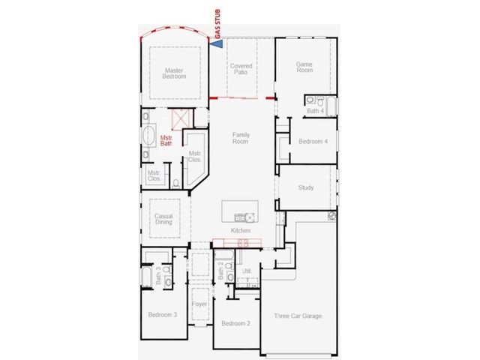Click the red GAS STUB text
tap(217, 24)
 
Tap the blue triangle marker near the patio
tap(217, 43)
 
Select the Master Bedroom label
tap(174, 73)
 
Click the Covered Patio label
tap(241, 69)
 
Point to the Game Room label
tap(304, 67)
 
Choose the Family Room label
tap(241, 138)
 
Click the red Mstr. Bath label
tap(166, 140)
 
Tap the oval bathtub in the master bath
tap(148, 135)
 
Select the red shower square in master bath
tap(181, 119)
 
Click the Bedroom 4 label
tap(313, 142)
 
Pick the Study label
tap(306, 187)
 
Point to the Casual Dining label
tap(163, 219)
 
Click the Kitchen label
tap(241, 230)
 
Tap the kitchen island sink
tap(240, 217)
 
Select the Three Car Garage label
tap(298, 316)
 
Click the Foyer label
tap(199, 304)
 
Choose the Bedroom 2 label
tap(235, 323)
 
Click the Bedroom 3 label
tap(163, 315)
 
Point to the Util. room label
tap(247, 271)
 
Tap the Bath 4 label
tap(315, 111)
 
